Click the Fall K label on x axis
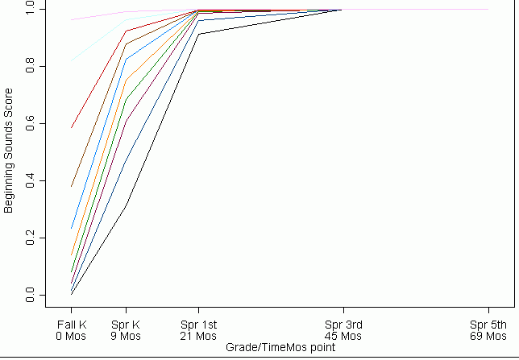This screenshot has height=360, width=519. pyautogui.click(x=71, y=325)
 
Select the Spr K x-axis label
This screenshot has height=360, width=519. pyautogui.click(x=125, y=325)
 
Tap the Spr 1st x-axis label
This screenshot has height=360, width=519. pyautogui.click(x=197, y=325)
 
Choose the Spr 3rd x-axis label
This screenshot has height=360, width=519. pyautogui.click(x=343, y=325)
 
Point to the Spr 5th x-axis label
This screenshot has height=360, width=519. pyautogui.click(x=488, y=325)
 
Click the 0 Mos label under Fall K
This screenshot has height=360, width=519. pyautogui.click(x=71, y=336)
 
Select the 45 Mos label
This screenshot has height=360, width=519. pyautogui.click(x=343, y=336)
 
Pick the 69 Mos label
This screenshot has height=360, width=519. pyautogui.click(x=488, y=336)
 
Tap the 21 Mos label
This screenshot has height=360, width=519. pyautogui.click(x=197, y=336)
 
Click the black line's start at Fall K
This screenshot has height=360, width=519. pyautogui.click(x=71, y=294)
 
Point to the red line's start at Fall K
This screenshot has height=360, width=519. pyautogui.click(x=71, y=128)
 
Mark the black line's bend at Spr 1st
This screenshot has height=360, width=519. pyautogui.click(x=198, y=34)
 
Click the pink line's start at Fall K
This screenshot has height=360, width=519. pyautogui.click(x=71, y=19)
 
